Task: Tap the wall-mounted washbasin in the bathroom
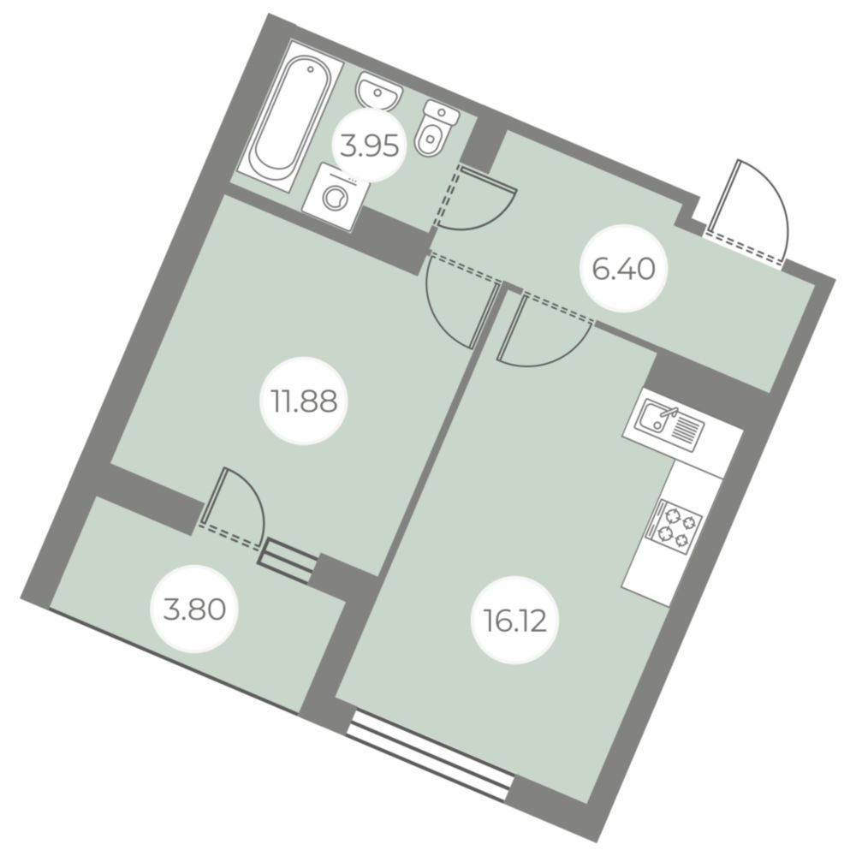point(377,92)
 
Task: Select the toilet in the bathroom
point(436,128)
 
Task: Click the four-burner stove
point(674,526)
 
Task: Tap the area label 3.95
point(369,146)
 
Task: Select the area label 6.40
point(623,268)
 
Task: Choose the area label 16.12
point(515,621)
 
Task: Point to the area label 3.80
point(194,609)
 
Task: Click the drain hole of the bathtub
point(311,69)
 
